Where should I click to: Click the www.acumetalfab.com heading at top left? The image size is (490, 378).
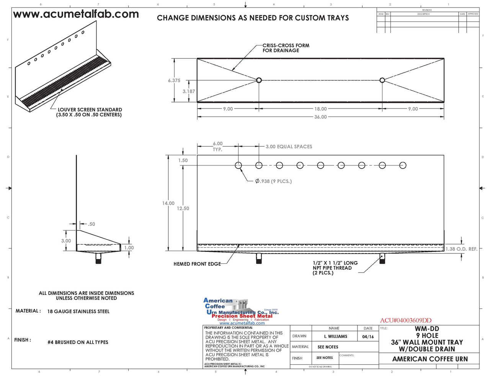pos(76,15)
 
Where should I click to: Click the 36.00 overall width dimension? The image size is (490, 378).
pos(320,117)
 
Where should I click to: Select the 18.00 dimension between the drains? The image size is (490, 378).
pos(320,109)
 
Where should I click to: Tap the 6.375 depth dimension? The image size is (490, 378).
pos(174,81)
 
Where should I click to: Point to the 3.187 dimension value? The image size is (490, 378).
pos(188,91)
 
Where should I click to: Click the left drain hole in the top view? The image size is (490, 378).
pos(259,80)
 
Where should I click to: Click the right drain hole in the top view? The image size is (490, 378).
pos(382,80)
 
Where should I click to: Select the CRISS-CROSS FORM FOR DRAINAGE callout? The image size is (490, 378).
pos(286,48)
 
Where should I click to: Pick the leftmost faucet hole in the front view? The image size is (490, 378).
pos(238,165)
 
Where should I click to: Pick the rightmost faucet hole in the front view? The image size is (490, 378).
pos(403,165)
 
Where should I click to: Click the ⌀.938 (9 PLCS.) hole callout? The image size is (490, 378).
pos(273,181)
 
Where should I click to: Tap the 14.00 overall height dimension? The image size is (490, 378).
pos(168,203)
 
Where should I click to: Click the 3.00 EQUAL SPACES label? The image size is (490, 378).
pos(289,146)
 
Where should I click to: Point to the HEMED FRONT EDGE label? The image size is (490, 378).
pos(197,264)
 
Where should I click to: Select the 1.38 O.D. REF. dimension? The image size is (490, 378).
pos(461,249)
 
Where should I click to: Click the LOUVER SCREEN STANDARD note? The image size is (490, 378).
pos(89,112)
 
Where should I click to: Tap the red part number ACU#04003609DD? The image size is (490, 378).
pos(405,320)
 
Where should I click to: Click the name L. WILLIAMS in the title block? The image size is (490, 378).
pos(335,336)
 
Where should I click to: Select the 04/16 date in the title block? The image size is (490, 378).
pos(368,336)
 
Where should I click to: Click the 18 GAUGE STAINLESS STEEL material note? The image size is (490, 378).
pos(78,311)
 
